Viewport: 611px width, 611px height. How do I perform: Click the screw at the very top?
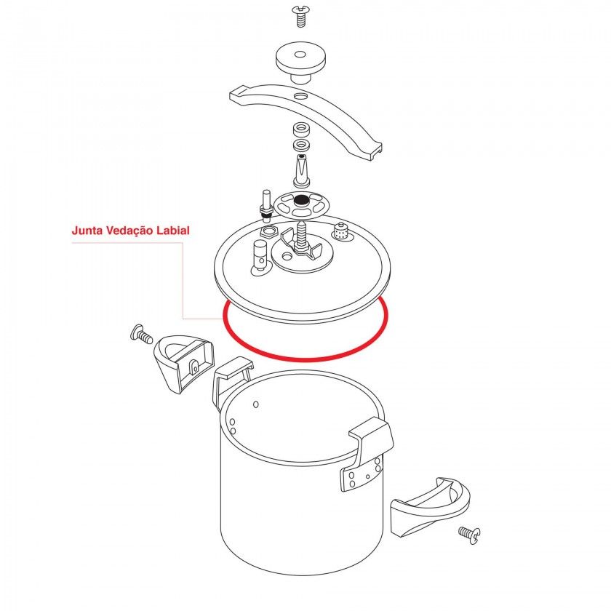[300, 16]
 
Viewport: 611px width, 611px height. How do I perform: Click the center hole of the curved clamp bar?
[301, 95]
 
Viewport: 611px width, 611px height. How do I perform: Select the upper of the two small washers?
[301, 129]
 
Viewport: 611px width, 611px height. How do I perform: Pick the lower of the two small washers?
[301, 145]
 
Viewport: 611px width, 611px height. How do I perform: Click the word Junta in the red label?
[87, 231]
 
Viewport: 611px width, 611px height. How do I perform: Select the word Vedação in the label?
[130, 231]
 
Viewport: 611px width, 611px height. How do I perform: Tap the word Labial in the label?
[173, 231]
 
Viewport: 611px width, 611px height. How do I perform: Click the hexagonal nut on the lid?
[269, 232]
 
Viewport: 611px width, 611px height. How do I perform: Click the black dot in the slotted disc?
[300, 201]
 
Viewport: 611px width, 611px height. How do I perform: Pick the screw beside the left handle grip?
[141, 335]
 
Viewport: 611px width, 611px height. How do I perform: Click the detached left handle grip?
[184, 363]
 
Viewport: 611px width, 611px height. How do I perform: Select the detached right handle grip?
[429, 506]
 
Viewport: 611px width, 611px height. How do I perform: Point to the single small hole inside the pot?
[256, 404]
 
